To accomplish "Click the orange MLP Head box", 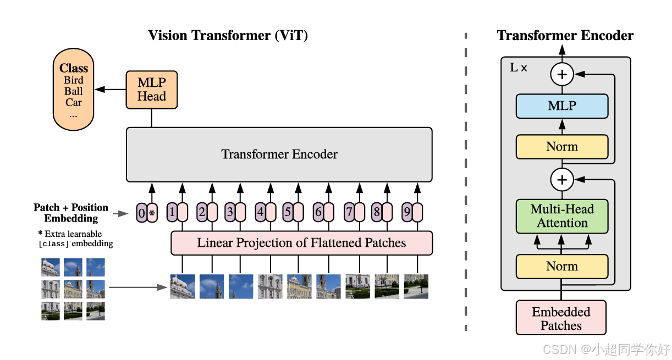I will coord(151,90).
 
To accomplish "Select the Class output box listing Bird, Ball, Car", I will coord(74,89).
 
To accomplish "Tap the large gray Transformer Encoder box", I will coord(279,154).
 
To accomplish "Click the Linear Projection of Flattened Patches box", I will coord(301,243).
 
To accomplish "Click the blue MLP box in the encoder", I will coord(561,106).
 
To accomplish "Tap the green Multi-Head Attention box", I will coord(561,216).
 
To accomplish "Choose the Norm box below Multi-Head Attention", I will coord(561,267).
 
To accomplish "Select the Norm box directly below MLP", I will coord(561,147).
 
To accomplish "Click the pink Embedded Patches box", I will coord(561,318).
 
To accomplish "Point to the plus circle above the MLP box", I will coord(562,74).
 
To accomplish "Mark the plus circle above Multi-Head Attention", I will coord(562,179).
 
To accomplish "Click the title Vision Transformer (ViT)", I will coord(228,36).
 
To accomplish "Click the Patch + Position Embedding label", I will coord(71,213).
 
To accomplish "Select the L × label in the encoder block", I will coord(519,68).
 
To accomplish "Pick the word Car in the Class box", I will coord(74,102).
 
